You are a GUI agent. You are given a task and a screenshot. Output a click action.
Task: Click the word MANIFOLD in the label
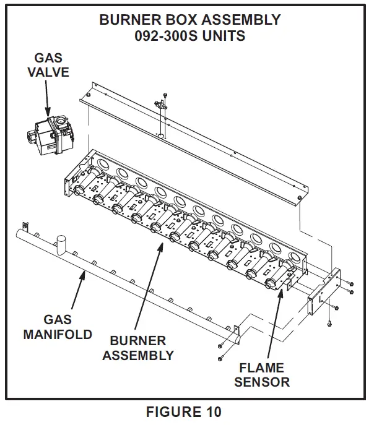(58, 335)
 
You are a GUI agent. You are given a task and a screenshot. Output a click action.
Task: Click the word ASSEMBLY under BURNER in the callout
(137, 356)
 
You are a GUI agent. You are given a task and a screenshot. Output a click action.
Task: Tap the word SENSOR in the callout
(261, 382)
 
